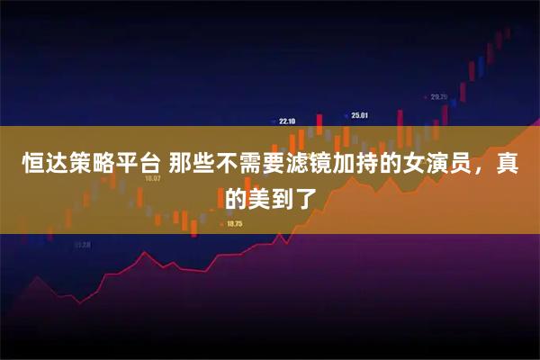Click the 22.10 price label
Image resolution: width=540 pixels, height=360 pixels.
[287, 121]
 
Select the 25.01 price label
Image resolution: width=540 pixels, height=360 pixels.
[360, 115]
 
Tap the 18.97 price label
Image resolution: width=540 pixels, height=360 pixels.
[152, 178]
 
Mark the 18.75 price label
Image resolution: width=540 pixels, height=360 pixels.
[235, 223]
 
